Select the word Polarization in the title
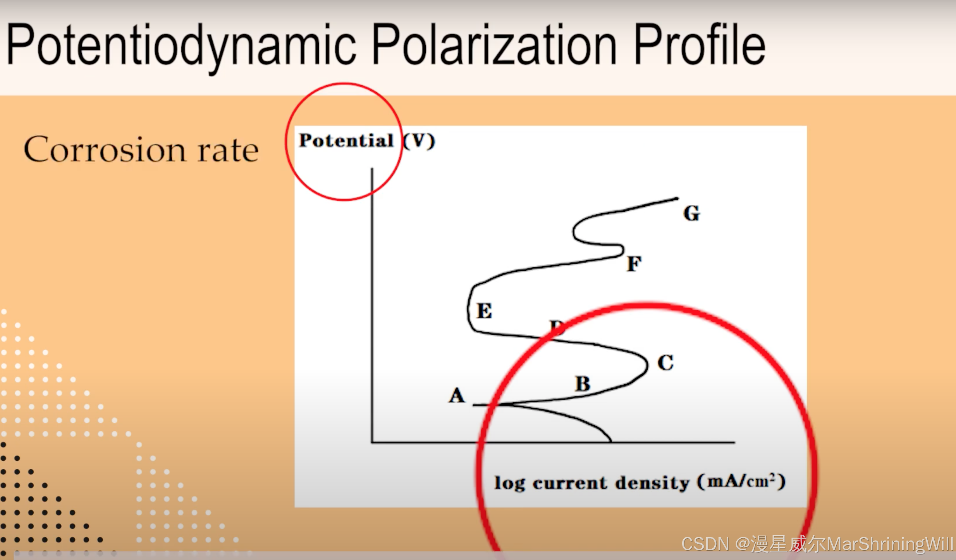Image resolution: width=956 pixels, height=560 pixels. (x=494, y=45)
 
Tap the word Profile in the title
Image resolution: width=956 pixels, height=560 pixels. (x=699, y=45)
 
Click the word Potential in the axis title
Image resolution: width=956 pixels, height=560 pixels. (x=346, y=140)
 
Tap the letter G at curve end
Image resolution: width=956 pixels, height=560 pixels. (x=691, y=213)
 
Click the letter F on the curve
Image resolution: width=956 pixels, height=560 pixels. (x=634, y=264)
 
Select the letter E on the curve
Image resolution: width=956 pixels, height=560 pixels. (x=485, y=311)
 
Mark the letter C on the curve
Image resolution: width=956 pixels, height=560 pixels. (x=665, y=363)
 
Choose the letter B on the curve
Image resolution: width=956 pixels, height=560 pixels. (x=583, y=384)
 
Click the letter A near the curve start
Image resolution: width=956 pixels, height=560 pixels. (x=457, y=396)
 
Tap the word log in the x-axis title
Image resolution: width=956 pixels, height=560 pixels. (x=509, y=483)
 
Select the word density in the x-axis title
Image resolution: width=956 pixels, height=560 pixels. (x=652, y=483)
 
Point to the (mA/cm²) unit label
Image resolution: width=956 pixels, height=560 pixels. (x=741, y=482)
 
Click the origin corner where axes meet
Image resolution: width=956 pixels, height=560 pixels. (x=372, y=442)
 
